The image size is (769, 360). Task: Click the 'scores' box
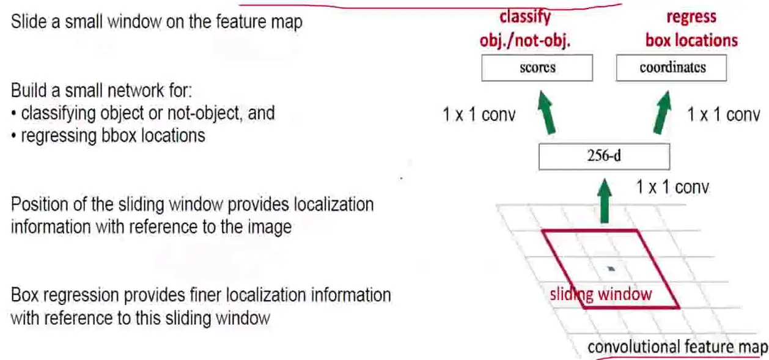coord(537,68)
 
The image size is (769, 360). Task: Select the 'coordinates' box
coord(671,68)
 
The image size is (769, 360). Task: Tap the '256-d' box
coord(604,156)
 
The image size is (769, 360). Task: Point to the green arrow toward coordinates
coord(660,112)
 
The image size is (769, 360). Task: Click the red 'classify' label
coord(525,17)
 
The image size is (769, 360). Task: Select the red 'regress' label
coord(691,17)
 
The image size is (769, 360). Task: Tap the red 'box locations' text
coord(691,40)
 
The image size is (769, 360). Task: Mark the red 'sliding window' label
coord(601,295)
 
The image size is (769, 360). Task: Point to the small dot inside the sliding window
coord(612,268)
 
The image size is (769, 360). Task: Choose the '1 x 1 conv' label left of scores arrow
coord(479,114)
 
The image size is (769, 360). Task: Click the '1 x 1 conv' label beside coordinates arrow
coord(723,114)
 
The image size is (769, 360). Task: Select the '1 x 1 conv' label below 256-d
coord(672,186)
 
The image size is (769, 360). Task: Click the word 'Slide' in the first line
coord(26,23)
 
